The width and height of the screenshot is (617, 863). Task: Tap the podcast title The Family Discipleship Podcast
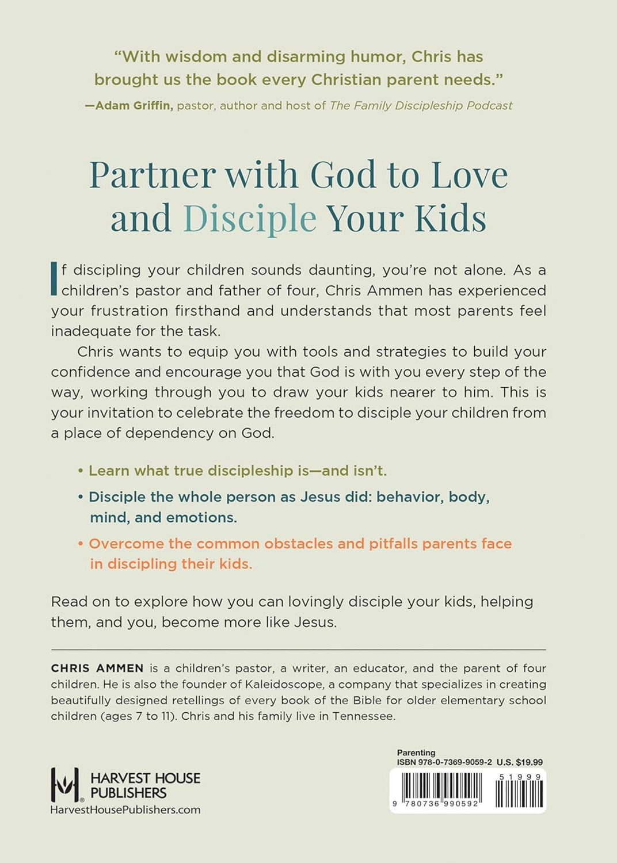click(421, 106)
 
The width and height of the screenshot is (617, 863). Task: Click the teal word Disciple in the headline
click(250, 219)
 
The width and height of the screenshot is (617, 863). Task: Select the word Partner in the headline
click(153, 175)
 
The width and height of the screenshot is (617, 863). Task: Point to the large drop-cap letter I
click(54, 279)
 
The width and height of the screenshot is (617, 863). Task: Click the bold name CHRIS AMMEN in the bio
click(97, 669)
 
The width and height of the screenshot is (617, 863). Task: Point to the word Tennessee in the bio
click(363, 716)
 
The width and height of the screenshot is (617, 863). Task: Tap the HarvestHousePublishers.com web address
click(125, 810)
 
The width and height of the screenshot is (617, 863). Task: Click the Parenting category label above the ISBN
click(416, 753)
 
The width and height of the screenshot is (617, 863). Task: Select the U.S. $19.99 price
click(520, 762)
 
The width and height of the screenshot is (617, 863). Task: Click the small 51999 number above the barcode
click(520, 777)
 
